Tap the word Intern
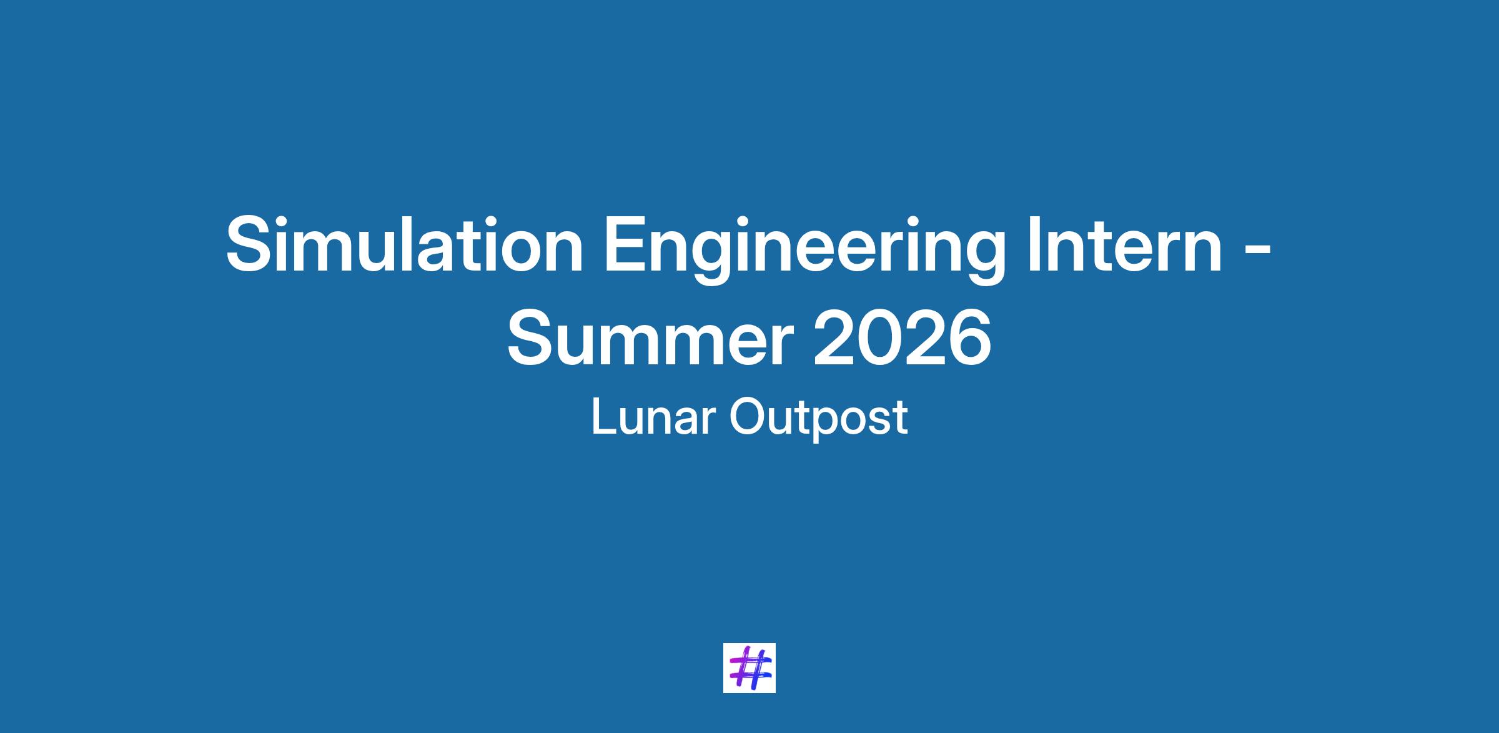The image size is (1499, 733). click(1124, 244)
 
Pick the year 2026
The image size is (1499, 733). click(902, 337)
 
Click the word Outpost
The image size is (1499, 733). click(818, 419)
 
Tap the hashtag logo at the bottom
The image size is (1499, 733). click(749, 667)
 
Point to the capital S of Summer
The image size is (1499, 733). click(532, 337)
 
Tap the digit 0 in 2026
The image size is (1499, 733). click(879, 337)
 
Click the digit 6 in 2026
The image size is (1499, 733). click(970, 337)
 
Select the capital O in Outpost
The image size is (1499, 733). click(746, 417)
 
